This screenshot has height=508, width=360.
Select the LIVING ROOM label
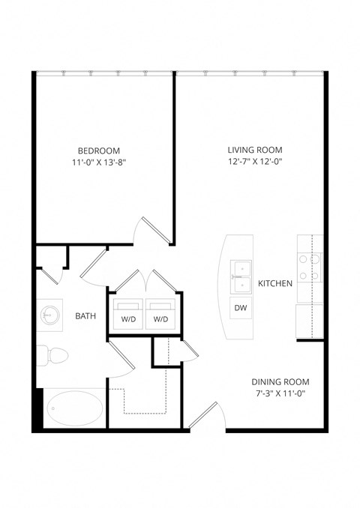point(259,150)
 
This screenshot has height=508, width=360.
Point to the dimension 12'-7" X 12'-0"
point(259,162)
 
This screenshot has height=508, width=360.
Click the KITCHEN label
point(274,284)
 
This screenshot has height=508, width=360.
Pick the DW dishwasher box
point(241,308)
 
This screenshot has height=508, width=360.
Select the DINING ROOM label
point(280,381)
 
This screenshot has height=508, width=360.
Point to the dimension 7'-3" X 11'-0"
point(280,393)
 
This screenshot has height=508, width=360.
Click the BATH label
point(85,316)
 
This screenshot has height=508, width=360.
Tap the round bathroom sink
point(50,315)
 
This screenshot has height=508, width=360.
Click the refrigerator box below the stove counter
point(310,321)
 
